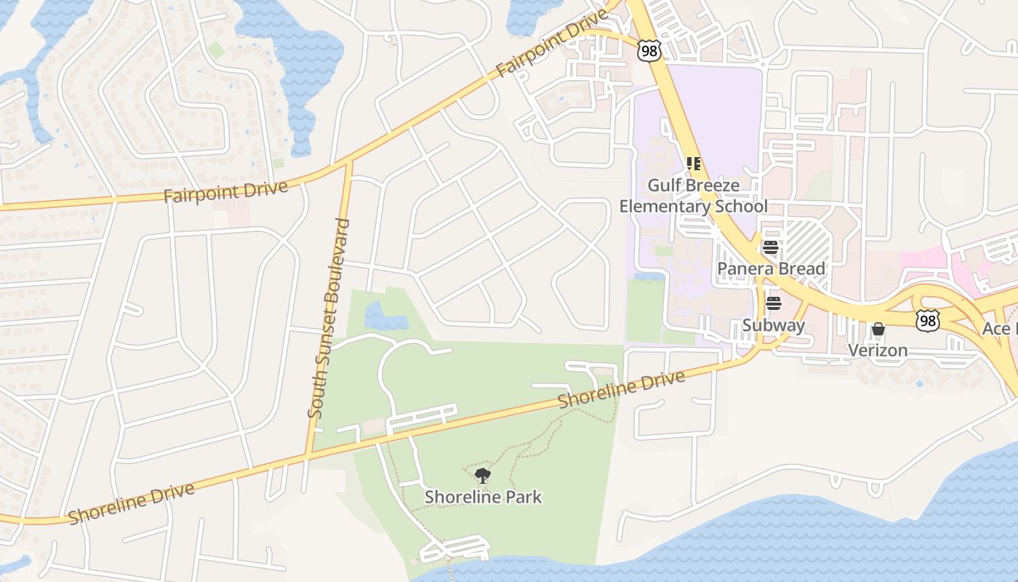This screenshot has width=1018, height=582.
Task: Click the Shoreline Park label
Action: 484,498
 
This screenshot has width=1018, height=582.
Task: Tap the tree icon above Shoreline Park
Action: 482,477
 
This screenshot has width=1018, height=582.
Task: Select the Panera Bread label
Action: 771,268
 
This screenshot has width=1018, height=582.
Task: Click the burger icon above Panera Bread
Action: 771,247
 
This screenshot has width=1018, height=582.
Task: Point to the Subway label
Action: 774,325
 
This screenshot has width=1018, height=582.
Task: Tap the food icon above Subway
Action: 773,303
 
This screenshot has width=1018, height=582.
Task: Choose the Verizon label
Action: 878,350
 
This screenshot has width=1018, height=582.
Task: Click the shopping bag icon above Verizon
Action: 878,330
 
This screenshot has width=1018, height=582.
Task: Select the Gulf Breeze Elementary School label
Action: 693,196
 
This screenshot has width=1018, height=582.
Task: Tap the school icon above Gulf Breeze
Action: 693,164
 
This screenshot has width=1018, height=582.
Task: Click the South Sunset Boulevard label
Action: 329,319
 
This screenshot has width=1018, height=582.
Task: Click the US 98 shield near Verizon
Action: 927,320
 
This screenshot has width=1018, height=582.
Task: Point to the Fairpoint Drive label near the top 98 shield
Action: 551,44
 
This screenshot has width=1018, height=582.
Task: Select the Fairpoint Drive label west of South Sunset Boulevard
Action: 225,192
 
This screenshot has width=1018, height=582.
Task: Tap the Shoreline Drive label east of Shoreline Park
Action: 621,390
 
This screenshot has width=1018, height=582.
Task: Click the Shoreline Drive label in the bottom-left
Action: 132,503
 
